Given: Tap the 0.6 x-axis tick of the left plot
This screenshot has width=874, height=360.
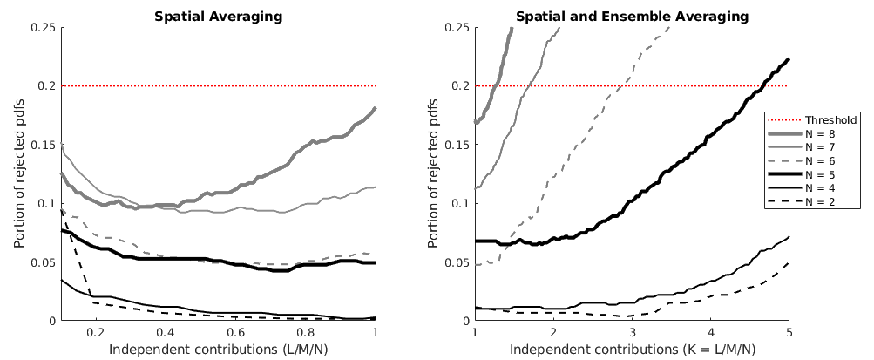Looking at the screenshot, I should coord(235,333).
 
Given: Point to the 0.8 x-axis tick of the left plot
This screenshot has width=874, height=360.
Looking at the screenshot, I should coord(305,333).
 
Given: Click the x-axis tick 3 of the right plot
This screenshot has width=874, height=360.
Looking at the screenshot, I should coord(632,333).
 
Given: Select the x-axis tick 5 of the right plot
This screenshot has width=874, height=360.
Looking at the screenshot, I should coord(789,333).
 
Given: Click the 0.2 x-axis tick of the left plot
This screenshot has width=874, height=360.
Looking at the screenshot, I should coord(96,333).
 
